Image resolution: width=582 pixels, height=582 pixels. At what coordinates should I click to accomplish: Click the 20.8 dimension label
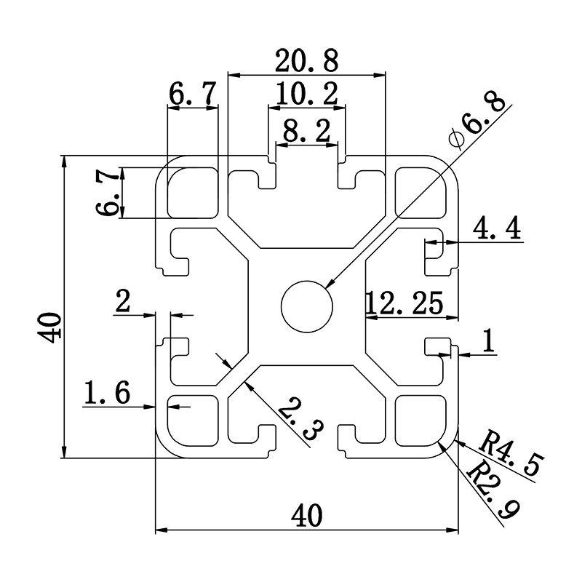coord(306,62)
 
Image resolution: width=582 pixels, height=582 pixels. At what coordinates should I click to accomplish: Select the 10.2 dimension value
coord(306,94)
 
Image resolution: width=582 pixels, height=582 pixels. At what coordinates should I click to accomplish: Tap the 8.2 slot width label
coord(306,131)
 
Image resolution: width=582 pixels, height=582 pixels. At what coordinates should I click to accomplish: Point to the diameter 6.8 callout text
coord(477,122)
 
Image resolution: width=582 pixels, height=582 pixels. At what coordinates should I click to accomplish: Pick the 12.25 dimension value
coord(405,303)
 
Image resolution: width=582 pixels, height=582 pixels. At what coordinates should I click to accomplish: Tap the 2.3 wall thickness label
coord(297,420)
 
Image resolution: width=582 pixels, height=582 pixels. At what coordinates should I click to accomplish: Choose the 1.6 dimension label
coord(107,394)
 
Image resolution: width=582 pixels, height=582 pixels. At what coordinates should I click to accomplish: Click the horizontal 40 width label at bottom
coord(306,515)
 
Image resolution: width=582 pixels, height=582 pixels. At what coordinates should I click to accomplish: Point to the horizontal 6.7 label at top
coord(193,94)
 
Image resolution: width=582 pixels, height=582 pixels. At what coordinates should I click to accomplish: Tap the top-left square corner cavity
coord(193,193)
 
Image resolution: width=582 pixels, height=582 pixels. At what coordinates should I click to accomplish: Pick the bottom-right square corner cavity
coord(420,420)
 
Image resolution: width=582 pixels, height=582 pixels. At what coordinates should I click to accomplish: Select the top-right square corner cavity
coord(420,193)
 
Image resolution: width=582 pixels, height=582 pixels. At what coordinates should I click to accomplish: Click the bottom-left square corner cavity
coord(193,420)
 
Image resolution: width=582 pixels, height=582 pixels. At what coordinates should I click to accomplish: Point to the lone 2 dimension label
coord(123,300)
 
